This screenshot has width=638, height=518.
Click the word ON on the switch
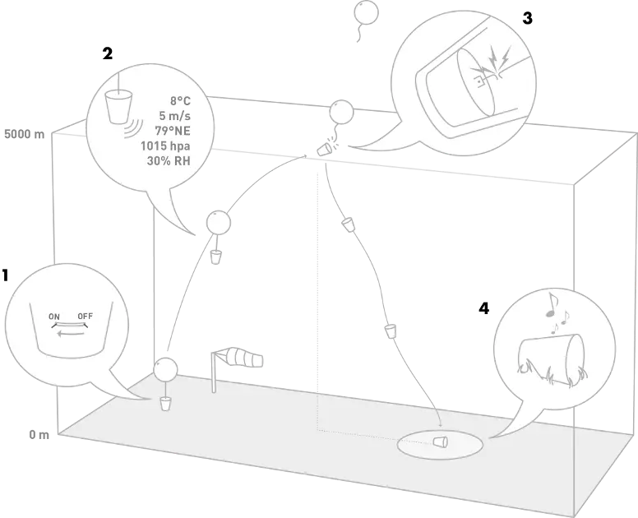[54, 316]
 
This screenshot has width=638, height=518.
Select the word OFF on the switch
[86, 316]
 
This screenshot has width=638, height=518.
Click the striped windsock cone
[246, 358]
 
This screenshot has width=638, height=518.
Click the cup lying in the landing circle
[441, 441]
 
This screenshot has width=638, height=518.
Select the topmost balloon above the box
[365, 12]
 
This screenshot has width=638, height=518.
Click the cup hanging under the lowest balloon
[166, 404]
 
